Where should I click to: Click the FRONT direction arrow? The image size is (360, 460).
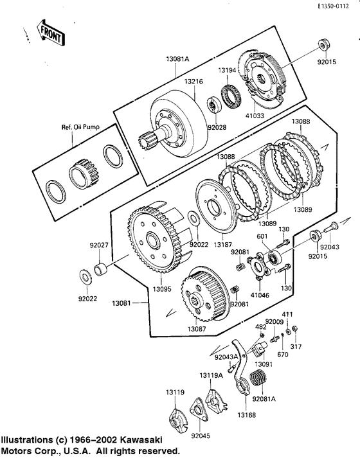tap(51, 33)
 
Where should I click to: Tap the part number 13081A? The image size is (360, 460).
tap(177, 58)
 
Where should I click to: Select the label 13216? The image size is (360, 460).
tap(194, 81)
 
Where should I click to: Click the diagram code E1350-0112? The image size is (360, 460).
tap(333, 6)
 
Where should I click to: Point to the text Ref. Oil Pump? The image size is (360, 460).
tap(80, 127)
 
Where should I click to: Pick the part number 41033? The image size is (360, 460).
tap(255, 116)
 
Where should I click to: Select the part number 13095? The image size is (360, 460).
tap(162, 289)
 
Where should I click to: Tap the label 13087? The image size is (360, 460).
tap(197, 329)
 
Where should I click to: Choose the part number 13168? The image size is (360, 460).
tap(246, 415)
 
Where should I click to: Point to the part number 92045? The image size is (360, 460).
tap(201, 436)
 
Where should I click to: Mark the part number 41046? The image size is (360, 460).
tap(260, 295)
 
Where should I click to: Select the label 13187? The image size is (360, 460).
tap(222, 244)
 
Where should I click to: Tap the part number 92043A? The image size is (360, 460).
tap(226, 357)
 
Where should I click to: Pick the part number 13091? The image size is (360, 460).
tap(264, 364)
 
